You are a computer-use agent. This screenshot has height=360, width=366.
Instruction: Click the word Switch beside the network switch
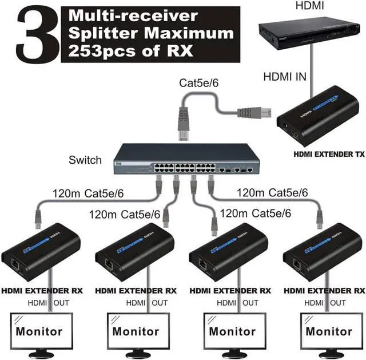pos(85,160)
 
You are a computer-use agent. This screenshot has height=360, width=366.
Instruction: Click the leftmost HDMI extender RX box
pos(41,252)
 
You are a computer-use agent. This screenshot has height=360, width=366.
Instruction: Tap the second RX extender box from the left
pos(134,252)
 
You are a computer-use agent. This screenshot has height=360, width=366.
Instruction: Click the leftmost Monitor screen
pos(39,331)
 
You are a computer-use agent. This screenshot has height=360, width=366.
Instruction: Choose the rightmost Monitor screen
pos(329,331)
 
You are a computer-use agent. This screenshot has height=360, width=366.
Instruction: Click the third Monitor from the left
pos(232,331)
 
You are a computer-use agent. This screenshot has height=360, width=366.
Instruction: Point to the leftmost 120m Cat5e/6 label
pos(87,193)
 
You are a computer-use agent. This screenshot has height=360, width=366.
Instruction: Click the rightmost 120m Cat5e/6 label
pos(272,192)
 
